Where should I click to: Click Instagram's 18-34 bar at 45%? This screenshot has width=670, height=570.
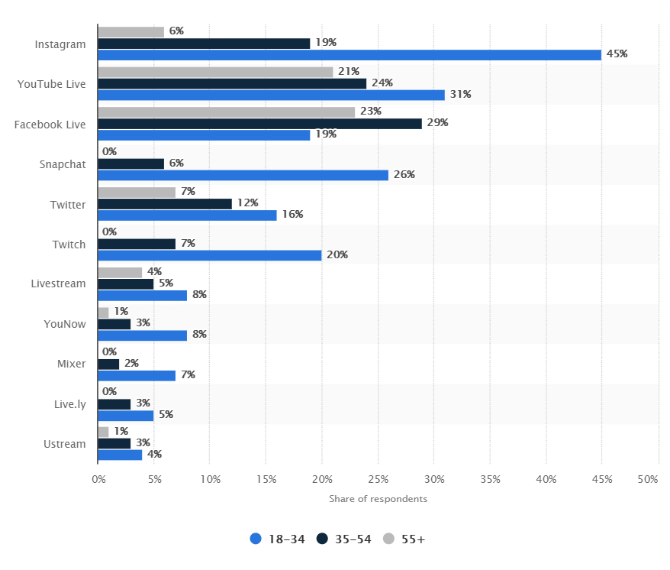tap(349, 55)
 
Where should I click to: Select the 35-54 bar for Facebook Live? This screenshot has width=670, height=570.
tap(259, 123)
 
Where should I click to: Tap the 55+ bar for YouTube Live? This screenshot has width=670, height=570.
tap(215, 72)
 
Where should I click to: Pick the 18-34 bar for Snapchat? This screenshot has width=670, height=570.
tap(243, 175)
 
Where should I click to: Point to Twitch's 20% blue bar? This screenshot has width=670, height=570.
tap(209, 255)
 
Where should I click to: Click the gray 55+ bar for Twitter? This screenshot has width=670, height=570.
tap(137, 192)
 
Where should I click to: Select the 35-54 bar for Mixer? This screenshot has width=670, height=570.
tap(108, 364)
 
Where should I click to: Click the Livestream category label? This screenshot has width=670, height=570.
tap(58, 283)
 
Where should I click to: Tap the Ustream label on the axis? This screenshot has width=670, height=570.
tap(65, 444)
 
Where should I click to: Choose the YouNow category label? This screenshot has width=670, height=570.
tap(65, 324)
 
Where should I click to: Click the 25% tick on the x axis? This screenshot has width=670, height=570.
tap(378, 480)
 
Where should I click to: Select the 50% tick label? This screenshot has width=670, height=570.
tap(647, 480)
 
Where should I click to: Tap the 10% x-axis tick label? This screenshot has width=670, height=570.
tap(210, 480)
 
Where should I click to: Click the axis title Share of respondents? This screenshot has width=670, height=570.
tap(378, 499)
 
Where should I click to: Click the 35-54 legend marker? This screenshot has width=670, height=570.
tap(323, 539)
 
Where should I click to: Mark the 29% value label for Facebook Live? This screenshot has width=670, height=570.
tap(437, 123)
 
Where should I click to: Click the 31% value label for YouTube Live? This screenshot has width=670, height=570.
tap(460, 95)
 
